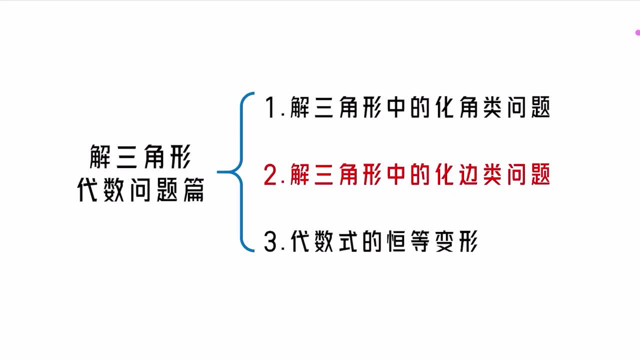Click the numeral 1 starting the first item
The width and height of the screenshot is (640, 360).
(270, 107)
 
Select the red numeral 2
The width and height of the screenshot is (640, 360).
(270, 175)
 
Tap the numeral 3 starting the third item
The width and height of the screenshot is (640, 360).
(270, 242)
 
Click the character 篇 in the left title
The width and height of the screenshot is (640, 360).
(193, 189)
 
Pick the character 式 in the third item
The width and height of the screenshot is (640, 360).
(347, 241)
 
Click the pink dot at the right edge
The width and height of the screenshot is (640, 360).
(637, 32)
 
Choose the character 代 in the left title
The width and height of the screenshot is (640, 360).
(87, 189)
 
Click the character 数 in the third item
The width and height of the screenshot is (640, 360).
(323, 241)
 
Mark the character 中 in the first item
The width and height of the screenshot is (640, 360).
(396, 107)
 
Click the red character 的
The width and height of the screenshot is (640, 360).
(420, 174)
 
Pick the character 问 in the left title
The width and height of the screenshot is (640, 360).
(140, 189)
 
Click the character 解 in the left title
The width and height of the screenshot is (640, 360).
(100, 156)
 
